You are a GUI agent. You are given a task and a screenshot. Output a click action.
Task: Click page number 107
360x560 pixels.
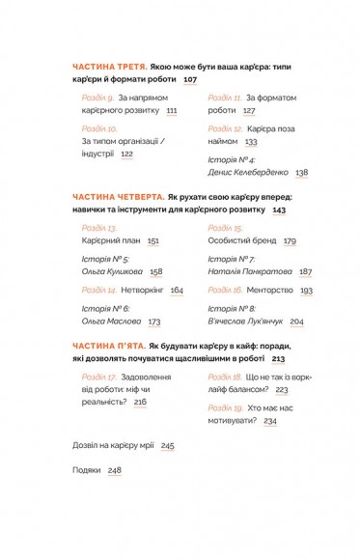point(189,79)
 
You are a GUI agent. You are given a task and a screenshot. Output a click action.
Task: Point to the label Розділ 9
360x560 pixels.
point(97,98)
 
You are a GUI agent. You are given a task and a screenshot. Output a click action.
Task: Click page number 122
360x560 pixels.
point(126,154)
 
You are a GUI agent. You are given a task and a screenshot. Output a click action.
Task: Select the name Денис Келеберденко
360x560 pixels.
point(248,173)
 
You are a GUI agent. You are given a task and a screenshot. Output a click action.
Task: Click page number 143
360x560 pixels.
point(280,210)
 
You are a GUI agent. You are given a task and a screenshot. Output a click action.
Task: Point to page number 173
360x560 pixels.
point(153,322)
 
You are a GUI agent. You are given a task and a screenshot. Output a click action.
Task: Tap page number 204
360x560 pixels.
point(296,322)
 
